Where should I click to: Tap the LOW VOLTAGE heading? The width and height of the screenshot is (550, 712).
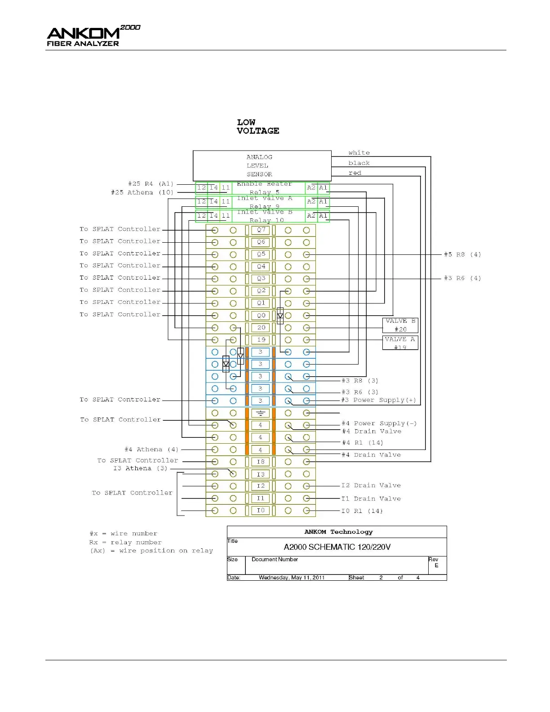258,126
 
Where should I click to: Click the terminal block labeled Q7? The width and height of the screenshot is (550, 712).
261,230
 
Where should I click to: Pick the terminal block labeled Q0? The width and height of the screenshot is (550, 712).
261,315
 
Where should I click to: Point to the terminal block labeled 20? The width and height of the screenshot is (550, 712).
261,328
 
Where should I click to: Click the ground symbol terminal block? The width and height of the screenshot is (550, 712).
261,413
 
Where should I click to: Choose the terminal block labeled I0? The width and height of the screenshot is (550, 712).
261,510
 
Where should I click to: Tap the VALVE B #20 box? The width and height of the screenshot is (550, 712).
400,325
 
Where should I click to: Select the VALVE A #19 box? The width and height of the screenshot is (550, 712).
400,343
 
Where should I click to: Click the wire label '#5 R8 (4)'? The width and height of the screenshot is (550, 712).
462,254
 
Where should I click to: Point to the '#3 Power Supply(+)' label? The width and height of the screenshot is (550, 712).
378,400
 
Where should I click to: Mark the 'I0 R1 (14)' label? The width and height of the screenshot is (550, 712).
362,511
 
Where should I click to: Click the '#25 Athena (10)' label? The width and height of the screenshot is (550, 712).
142,192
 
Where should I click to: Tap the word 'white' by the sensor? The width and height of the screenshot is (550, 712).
359,153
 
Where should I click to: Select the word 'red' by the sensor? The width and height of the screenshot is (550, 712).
355,173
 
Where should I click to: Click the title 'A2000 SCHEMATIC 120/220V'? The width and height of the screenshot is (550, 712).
337,547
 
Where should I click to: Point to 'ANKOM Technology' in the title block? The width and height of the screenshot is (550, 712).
338,532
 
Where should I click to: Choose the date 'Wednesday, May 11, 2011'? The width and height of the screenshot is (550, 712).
292,578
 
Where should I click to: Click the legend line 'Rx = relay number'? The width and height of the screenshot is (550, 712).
125,542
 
